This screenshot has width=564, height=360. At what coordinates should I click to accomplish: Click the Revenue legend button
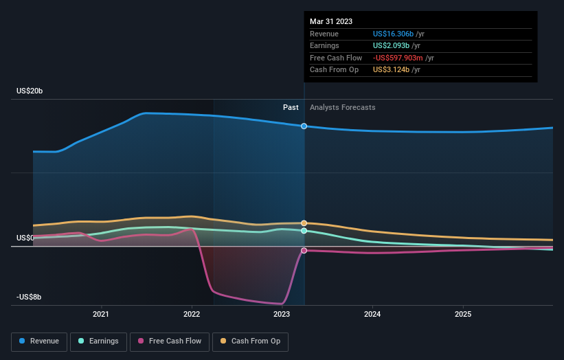40,341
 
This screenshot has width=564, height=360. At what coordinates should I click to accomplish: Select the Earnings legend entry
99,341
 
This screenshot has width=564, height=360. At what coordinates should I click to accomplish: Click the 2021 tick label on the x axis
102,315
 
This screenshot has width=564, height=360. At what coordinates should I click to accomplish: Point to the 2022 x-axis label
192,315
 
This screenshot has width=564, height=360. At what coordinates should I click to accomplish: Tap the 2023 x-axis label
282,315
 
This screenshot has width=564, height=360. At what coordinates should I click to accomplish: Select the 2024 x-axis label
372,315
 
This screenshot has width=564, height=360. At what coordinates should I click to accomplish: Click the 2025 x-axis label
463,315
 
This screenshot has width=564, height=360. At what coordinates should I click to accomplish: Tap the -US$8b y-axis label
30,297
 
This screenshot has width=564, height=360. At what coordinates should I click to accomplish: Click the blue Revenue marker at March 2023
304,126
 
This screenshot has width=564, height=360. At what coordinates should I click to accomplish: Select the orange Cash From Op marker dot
304,223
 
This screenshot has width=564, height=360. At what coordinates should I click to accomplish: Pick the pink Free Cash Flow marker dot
304,251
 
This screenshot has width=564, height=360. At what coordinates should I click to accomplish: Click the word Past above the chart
291,107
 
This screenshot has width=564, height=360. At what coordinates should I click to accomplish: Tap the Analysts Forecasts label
343,107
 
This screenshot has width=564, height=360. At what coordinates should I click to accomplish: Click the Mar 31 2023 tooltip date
331,21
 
